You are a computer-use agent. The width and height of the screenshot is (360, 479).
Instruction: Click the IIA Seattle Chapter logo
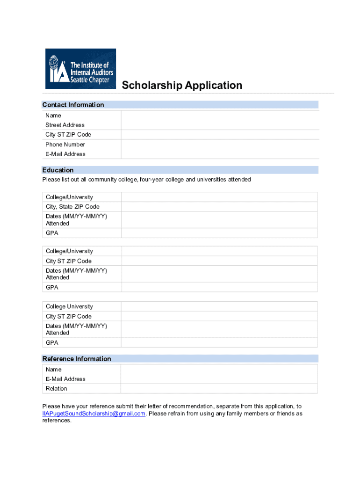tap(80, 69)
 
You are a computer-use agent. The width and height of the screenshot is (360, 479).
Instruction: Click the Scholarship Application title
tap(182, 85)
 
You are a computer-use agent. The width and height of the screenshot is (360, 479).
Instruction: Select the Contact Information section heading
tap(73, 105)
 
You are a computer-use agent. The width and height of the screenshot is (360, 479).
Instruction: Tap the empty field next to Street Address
tap(220, 125)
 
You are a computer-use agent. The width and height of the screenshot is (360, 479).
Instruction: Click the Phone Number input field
tap(220, 145)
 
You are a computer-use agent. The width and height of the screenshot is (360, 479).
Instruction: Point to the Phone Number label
tap(65, 145)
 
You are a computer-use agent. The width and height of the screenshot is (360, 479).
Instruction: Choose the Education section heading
tap(58, 170)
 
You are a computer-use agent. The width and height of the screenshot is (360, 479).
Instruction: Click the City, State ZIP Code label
tap(72, 207)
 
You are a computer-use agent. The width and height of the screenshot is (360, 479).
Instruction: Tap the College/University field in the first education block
tap(219, 197)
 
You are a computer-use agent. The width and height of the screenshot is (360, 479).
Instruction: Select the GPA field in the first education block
tap(219, 233)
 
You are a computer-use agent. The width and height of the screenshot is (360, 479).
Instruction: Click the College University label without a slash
tap(69, 306)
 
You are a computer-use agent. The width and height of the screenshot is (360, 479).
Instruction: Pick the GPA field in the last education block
tap(219, 343)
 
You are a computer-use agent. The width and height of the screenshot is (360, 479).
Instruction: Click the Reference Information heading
tap(77, 359)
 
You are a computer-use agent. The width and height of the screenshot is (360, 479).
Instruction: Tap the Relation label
tap(57, 389)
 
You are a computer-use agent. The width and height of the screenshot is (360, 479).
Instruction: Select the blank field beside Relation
tap(219, 389)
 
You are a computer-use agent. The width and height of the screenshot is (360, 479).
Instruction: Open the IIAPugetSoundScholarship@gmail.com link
tap(94, 414)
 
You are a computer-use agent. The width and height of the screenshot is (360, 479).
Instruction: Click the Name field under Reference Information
tap(219, 370)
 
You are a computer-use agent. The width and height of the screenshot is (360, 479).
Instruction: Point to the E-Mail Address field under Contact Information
tap(220, 154)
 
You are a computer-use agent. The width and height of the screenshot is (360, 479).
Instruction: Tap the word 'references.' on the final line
tap(57, 421)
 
